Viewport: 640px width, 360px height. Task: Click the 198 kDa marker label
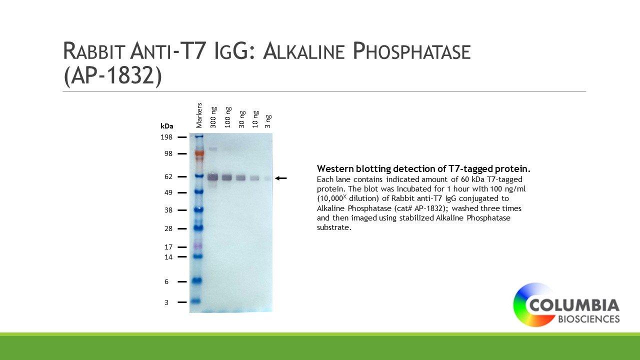(166, 137)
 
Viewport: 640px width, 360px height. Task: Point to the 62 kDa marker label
(168, 176)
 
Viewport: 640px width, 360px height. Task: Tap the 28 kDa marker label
(168, 228)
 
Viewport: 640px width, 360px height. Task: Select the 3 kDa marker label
(166, 302)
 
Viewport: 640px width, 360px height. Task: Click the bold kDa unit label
(167, 126)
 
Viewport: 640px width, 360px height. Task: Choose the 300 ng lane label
(213, 117)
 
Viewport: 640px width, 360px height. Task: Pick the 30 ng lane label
(241, 119)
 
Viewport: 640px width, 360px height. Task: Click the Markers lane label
(199, 115)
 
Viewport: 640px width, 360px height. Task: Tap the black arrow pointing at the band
(281, 178)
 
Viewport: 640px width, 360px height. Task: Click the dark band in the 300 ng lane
(212, 177)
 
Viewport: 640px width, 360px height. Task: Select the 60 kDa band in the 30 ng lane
(241, 177)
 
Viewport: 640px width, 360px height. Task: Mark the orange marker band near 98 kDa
(199, 153)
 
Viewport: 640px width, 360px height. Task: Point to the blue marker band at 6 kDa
(197, 280)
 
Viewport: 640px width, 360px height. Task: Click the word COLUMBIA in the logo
(574, 305)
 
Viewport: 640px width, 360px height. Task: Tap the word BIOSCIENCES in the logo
(589, 319)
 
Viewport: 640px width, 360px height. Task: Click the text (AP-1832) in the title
(113, 75)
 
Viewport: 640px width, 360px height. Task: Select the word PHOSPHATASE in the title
(411, 51)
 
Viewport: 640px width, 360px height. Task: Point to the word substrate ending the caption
(333, 227)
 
